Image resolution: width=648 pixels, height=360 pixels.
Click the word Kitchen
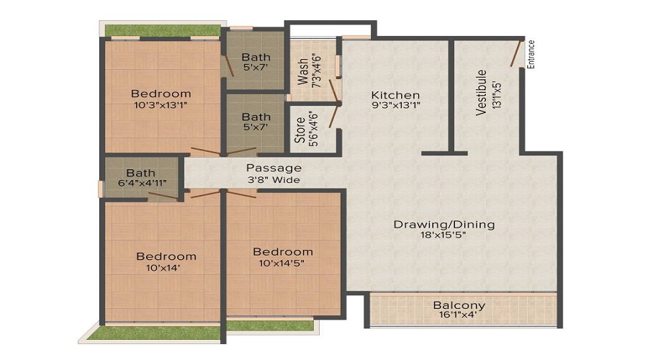click(x=395, y=95)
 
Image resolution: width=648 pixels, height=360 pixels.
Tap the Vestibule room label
click(x=481, y=93)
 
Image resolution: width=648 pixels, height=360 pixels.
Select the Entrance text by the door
click(x=531, y=54)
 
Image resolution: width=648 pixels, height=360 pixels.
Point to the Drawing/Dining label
click(x=444, y=225)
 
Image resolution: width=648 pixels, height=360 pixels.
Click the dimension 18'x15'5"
click(x=444, y=235)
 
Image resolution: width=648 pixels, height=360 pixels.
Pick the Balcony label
click(x=459, y=306)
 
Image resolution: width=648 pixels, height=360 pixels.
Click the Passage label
click(x=274, y=168)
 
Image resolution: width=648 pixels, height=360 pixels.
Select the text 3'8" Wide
click(x=274, y=180)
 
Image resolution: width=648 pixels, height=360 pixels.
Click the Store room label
click(x=300, y=130)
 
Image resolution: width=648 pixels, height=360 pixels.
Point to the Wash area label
click(x=303, y=71)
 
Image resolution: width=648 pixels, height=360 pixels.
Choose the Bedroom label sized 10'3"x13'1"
click(x=161, y=94)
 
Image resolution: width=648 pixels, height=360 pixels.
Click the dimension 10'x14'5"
click(x=282, y=263)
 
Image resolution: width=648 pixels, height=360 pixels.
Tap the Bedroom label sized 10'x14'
click(x=166, y=256)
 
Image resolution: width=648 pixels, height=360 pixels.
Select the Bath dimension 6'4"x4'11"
click(x=143, y=183)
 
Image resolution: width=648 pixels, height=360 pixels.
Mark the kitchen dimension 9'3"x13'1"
click(x=396, y=105)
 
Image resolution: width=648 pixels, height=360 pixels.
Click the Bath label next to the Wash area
click(x=256, y=57)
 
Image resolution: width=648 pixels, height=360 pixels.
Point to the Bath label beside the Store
click(x=256, y=117)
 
